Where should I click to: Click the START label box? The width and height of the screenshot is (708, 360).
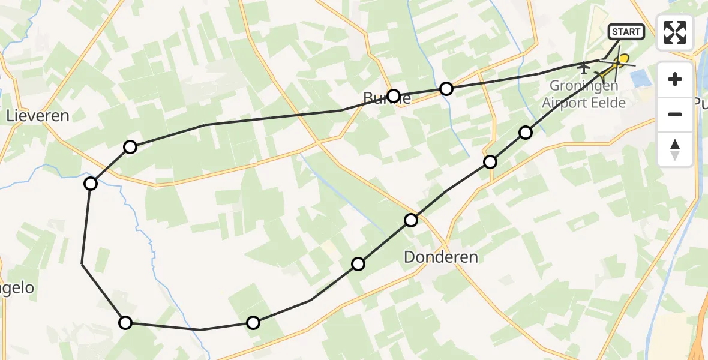point(626,32)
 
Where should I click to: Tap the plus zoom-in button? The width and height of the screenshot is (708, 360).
point(675,79)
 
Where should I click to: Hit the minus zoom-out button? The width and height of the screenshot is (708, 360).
point(675,114)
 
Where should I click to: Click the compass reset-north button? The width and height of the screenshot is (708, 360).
point(675,149)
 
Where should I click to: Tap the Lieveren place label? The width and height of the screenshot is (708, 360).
point(37,116)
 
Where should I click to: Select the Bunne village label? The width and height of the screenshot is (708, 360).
point(386,98)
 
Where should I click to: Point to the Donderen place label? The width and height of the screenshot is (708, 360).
point(441,257)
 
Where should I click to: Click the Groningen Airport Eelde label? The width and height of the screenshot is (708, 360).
point(584,94)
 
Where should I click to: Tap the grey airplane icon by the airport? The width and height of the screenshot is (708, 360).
point(583,69)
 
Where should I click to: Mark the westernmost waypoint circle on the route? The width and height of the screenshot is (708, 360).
point(91,184)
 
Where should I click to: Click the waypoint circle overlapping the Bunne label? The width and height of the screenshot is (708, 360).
point(394,96)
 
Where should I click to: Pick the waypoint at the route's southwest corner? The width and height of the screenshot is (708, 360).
point(125,323)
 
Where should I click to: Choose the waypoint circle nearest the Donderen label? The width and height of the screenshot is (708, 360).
point(411,220)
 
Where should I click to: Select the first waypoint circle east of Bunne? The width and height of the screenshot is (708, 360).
point(446,89)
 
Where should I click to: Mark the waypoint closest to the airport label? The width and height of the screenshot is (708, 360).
point(526,133)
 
